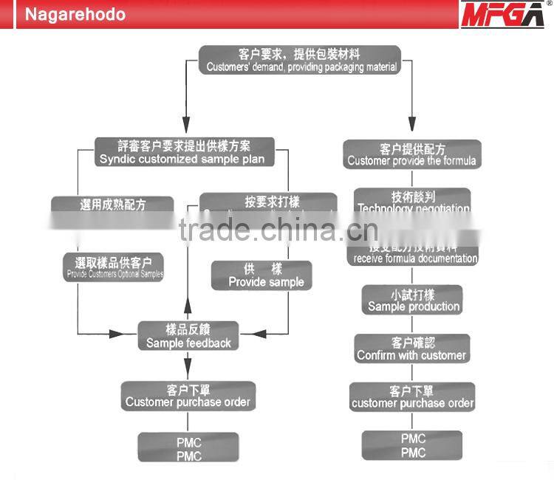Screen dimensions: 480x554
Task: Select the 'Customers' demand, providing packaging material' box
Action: tap(300, 60)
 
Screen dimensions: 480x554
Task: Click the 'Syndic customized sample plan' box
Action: tap(181, 152)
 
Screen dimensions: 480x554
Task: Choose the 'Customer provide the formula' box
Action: tap(412, 154)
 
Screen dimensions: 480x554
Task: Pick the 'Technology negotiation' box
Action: tap(412, 202)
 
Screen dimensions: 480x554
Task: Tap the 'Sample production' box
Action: tap(413, 300)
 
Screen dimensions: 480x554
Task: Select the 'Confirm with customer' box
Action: tap(411, 349)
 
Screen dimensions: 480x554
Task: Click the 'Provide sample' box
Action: tap(262, 275)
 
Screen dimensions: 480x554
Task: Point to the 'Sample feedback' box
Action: tap(188, 336)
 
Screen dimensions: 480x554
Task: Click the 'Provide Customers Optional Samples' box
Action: tap(114, 268)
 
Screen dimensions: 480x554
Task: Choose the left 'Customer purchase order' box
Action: tap(188, 396)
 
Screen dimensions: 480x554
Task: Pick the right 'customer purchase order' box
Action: tap(412, 397)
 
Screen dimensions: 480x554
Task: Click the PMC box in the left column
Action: tap(188, 449)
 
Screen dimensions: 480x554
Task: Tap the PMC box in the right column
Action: tap(413, 445)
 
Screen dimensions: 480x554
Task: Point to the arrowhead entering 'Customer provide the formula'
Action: tap(412, 131)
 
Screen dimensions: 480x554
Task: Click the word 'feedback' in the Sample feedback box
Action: tap(208, 343)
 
